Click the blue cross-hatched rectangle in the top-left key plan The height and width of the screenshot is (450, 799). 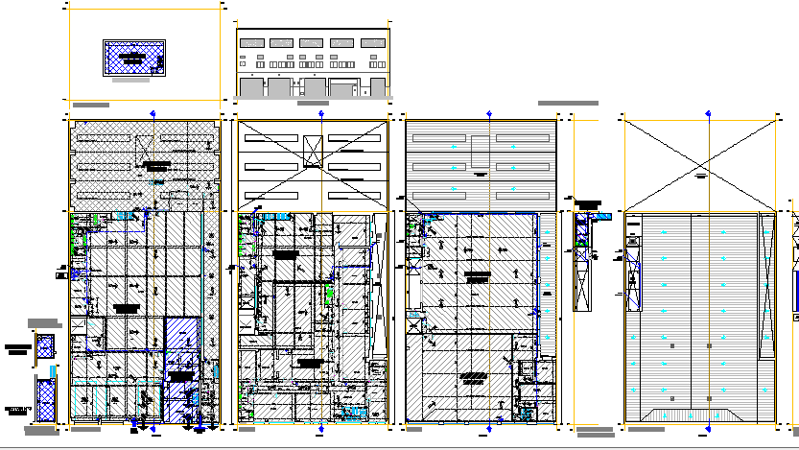[x=133, y=58]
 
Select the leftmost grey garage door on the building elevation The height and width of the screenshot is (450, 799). [x=250, y=87]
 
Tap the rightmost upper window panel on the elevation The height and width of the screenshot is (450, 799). [x=374, y=43]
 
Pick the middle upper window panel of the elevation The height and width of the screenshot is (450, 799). [x=313, y=43]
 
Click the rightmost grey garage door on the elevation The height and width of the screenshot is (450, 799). [x=374, y=87]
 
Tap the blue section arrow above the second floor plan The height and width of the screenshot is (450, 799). [x=320, y=113]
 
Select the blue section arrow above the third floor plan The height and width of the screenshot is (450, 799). [x=490, y=113]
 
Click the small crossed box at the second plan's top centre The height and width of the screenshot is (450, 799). [x=313, y=150]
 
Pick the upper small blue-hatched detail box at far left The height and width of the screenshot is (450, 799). [x=43, y=346]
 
